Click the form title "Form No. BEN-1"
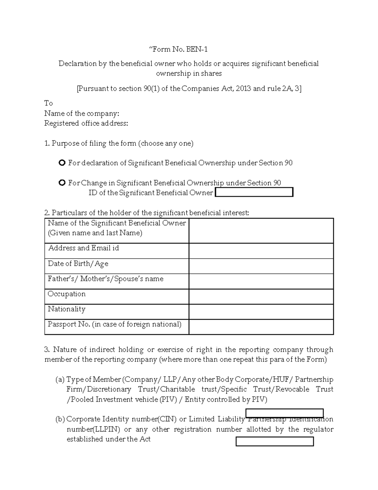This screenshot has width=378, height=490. [178, 49]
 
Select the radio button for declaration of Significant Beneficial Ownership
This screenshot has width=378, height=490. [62, 163]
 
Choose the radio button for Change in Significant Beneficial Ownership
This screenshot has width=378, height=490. [62, 183]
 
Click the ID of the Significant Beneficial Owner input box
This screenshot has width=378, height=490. [254, 192]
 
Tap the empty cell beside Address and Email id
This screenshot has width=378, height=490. [261, 251]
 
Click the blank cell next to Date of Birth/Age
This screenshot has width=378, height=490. [261, 266]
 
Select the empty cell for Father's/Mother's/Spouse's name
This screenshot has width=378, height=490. [261, 281]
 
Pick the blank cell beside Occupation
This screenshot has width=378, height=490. [261, 297]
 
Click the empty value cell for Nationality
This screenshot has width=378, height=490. [261, 312]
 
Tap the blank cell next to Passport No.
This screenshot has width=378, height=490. [261, 327]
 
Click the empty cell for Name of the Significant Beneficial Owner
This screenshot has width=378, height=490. [261, 231]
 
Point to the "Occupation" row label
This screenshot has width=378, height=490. [66, 294]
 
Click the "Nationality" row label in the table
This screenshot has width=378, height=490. [66, 309]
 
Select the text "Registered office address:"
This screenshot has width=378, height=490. [86, 123]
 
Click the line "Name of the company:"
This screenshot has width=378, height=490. [82, 113]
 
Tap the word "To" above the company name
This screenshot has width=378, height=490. [48, 103]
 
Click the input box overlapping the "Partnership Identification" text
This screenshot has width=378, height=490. [284, 413]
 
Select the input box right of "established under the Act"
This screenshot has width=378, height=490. [275, 441]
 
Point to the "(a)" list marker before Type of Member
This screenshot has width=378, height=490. [60, 380]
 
